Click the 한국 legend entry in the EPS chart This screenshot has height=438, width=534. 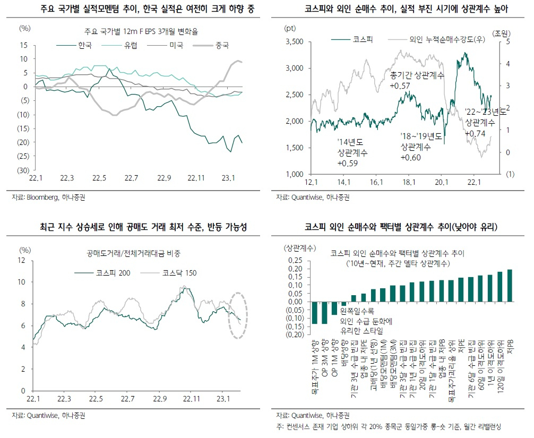click(74, 45)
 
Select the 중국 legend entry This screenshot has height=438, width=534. click(211, 45)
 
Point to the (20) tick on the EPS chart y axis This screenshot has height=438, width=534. click(23, 142)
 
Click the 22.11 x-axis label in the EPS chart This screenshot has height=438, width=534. click(196, 178)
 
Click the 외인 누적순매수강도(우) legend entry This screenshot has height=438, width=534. click(437, 39)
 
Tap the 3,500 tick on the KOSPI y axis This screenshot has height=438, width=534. click(294, 41)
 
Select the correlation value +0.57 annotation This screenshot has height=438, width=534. click(400, 86)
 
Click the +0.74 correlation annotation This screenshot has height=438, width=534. click(475, 133)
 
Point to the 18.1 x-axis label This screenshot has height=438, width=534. click(409, 182)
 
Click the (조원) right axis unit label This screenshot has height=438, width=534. click(501, 33)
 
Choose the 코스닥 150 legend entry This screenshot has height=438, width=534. click(169, 273)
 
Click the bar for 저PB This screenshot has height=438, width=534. click(510, 286)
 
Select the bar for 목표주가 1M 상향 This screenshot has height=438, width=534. click(314, 313)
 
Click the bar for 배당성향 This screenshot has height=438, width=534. click(343, 304)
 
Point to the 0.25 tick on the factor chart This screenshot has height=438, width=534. click(295, 261)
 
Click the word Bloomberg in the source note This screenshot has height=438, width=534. click(42, 197)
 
